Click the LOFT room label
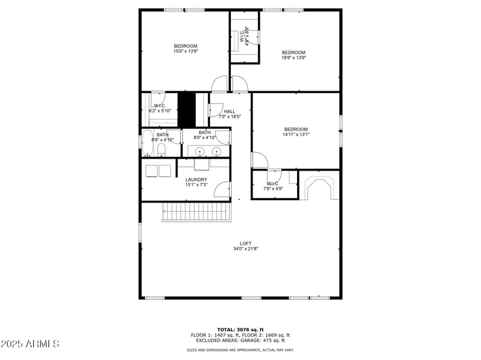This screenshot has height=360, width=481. tap(245, 243)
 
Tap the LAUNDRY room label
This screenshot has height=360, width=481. tap(196, 180)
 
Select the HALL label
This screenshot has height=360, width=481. tap(230, 111)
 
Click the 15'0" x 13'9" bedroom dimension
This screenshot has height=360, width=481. tap(186, 52)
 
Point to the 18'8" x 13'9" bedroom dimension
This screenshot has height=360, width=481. tap(293, 58)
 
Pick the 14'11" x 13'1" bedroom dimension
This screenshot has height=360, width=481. tap(296, 135)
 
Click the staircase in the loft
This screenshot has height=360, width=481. tap(196, 212)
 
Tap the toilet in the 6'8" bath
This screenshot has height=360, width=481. tap(161, 150)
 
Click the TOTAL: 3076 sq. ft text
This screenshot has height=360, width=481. tap(240, 330)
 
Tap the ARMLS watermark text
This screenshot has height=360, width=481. tap(30, 344)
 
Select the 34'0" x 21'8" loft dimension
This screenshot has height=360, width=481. tap(245, 249)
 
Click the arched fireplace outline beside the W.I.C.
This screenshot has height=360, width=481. tap(319, 188)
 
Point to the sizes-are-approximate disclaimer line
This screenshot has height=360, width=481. tap(240, 350)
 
